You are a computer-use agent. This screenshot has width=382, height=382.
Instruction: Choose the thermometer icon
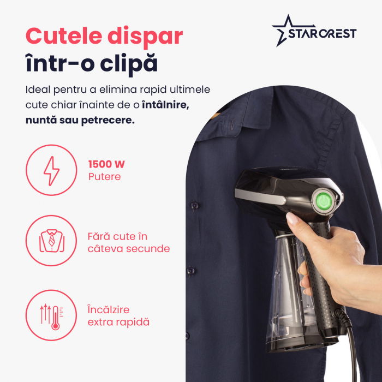(x=51, y=315)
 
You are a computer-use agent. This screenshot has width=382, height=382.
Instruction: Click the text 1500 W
(x=106, y=164)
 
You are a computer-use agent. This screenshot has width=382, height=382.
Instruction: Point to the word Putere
(x=104, y=177)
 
